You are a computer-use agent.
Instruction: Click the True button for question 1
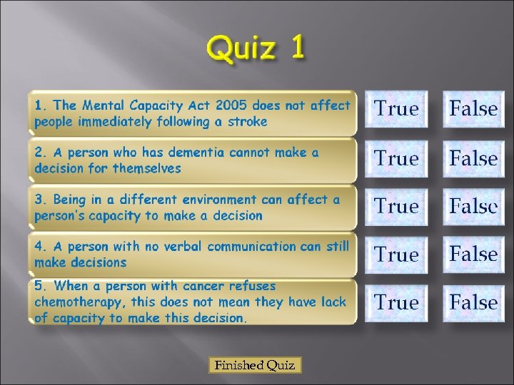(x=396, y=109)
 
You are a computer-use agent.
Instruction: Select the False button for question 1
(x=473, y=109)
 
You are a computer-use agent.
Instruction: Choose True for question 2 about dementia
(x=396, y=158)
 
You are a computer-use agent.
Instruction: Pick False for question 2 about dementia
(x=473, y=158)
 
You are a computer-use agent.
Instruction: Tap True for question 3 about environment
(x=396, y=207)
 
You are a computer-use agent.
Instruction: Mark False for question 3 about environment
(x=473, y=207)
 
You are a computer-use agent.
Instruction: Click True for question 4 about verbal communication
(x=396, y=255)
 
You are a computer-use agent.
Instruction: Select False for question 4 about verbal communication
(x=473, y=255)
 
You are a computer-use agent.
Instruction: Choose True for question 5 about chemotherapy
(x=396, y=303)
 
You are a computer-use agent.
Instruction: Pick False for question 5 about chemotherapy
(x=473, y=303)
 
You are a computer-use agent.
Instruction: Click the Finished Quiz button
(x=256, y=366)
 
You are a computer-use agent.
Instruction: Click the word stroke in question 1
(x=248, y=121)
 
